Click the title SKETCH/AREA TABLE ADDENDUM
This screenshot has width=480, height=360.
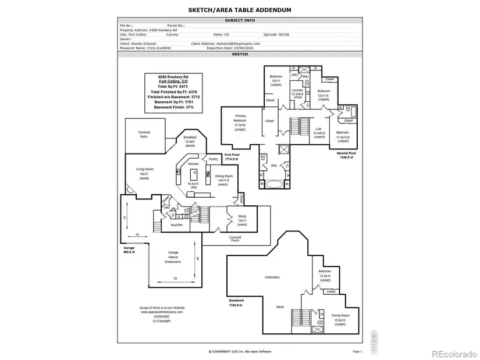click(x=240, y=10)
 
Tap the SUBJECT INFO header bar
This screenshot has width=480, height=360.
click(x=240, y=20)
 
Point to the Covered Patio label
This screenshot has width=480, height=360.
click(x=144, y=134)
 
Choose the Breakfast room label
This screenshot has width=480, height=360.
click(x=190, y=141)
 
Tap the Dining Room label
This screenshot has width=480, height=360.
click(x=224, y=180)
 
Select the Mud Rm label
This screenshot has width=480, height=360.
click(x=176, y=225)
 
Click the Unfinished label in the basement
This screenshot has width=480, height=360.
click(x=272, y=277)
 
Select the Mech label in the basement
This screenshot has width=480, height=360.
click(x=280, y=306)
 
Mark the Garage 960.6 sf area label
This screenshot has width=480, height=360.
click(x=129, y=250)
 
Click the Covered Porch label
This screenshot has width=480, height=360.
click(x=235, y=238)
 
